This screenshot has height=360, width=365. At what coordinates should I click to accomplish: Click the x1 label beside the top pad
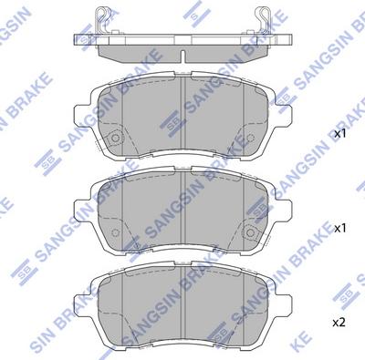[340, 133]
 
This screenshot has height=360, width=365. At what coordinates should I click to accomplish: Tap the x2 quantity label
[340, 324]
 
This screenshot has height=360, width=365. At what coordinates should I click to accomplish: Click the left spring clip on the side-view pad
[101, 18]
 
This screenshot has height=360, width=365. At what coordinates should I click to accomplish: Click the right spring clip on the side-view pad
[264, 18]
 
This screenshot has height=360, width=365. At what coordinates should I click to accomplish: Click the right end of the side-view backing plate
[292, 40]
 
